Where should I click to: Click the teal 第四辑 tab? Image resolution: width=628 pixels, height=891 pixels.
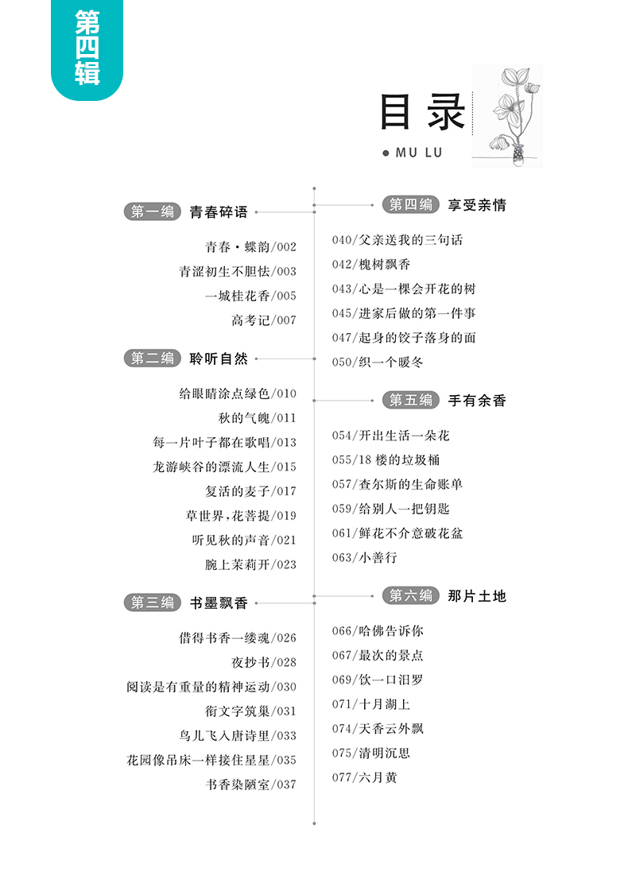tap(87, 47)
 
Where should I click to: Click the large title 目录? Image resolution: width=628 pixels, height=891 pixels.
tap(422, 114)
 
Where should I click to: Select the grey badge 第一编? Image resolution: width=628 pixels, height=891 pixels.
tap(153, 212)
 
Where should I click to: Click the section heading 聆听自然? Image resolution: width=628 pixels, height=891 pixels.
tap(219, 358)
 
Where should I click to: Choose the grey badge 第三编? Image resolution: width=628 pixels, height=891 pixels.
tap(153, 602)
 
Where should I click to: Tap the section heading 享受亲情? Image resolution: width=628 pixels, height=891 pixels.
tap(477, 205)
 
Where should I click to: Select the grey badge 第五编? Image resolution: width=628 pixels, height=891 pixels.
tap(411, 401)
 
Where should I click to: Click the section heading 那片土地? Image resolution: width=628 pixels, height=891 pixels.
tap(477, 595)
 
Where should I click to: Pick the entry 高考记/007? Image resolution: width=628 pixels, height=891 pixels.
tap(264, 320)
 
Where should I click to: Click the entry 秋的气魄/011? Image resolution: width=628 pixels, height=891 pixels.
tap(257, 418)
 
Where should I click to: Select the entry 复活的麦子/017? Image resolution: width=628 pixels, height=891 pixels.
tap(250, 491)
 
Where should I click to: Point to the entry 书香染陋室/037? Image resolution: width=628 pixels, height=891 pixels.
tap(250, 784)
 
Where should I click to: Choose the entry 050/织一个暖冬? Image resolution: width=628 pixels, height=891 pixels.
tap(378, 362)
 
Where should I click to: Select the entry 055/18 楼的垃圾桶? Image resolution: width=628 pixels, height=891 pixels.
tap(386, 459)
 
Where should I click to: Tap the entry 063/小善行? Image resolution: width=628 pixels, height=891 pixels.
tap(365, 558)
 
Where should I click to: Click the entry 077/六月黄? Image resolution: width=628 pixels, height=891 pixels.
tap(365, 777)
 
